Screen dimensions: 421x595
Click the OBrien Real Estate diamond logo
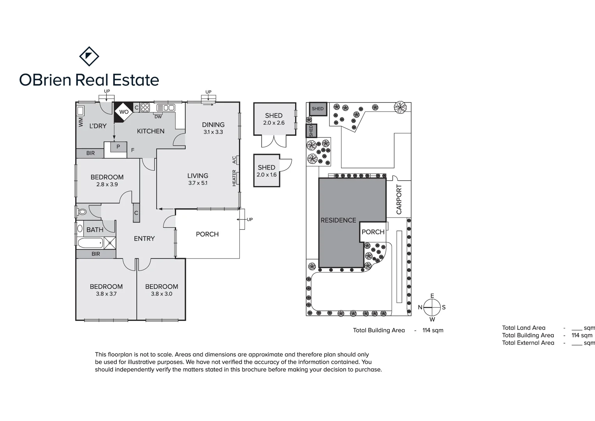point(89,57)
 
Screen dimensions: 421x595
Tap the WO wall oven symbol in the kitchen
point(124,112)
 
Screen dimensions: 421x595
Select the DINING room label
point(213,125)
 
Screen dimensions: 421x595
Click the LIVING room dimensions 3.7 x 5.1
point(198,183)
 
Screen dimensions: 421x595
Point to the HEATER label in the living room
point(234,178)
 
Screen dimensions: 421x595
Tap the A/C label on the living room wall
point(234,160)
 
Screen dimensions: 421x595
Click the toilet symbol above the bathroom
point(82,212)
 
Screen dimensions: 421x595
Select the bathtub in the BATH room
point(90,244)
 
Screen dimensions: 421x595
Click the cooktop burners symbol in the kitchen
point(145,107)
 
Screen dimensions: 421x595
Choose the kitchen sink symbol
point(165,108)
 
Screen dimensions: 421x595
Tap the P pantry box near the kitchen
point(118,147)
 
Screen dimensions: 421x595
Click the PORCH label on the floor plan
point(207,234)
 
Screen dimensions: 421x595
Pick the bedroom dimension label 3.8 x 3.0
point(162,294)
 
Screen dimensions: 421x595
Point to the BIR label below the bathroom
point(96,254)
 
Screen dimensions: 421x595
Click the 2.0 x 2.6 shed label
point(274,123)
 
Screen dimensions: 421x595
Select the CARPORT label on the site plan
point(399,199)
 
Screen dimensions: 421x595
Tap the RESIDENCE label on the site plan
point(338,220)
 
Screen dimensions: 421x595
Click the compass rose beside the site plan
point(432,307)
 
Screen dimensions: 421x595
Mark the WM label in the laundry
point(81,122)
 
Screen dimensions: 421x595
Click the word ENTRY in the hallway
point(144,239)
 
